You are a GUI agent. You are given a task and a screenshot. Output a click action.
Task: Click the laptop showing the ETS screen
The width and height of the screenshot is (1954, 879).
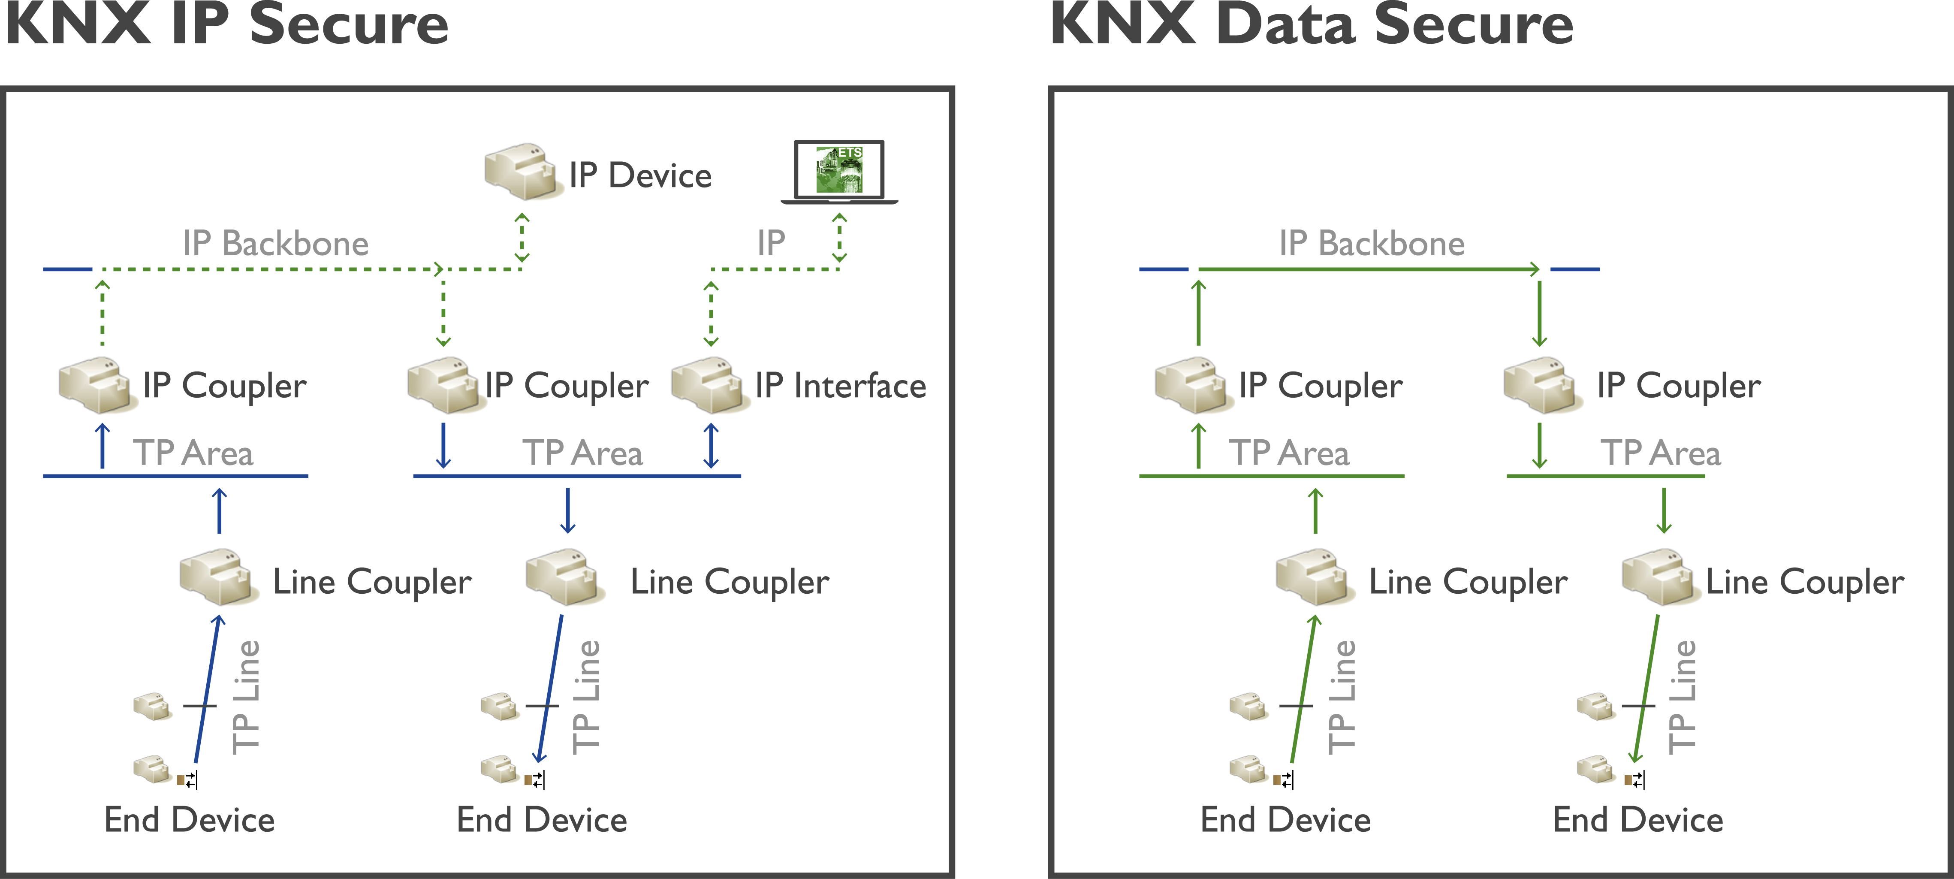click(839, 172)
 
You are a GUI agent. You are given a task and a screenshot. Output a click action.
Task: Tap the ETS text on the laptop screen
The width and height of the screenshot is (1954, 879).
click(850, 152)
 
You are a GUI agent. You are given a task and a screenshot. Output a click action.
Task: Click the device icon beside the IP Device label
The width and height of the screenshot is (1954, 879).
click(522, 172)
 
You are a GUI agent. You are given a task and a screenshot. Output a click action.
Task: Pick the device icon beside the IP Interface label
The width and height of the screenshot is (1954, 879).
click(709, 385)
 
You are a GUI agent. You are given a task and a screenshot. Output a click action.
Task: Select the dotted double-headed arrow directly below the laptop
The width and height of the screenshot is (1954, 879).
click(839, 237)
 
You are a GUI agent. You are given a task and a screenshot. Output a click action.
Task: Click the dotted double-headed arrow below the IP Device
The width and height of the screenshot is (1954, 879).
click(522, 237)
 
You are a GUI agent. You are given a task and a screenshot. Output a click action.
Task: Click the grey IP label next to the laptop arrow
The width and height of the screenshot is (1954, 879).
click(771, 243)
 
